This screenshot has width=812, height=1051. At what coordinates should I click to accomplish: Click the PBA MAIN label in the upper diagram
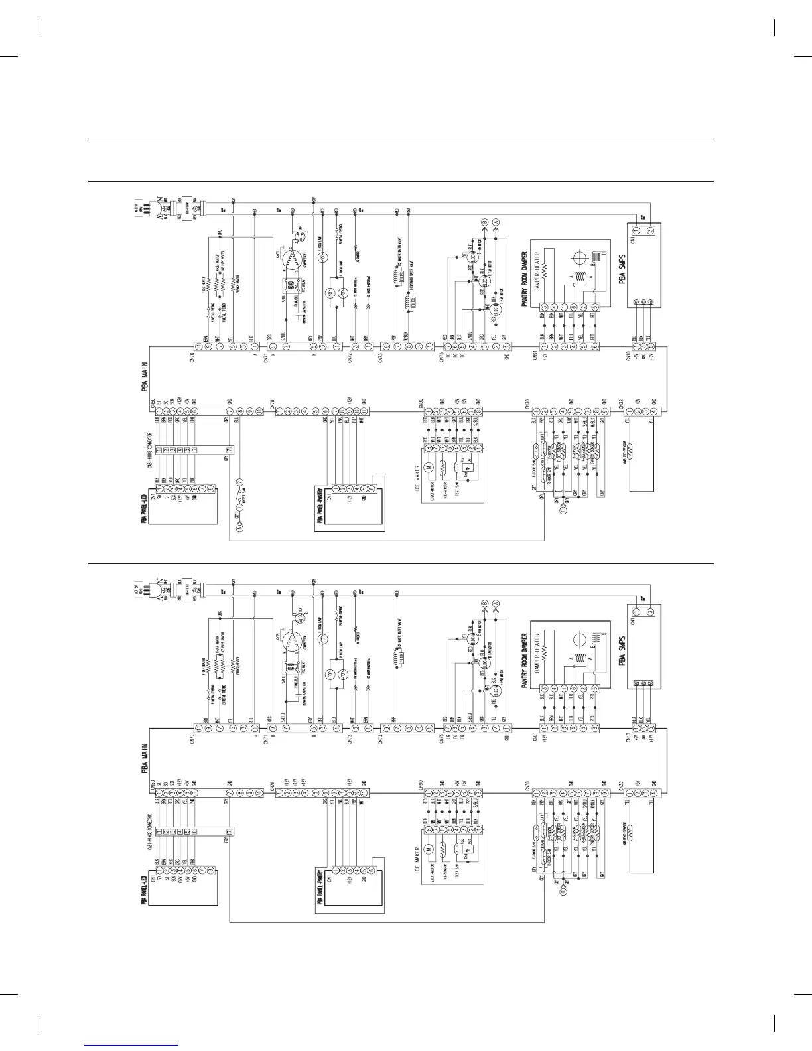(x=144, y=377)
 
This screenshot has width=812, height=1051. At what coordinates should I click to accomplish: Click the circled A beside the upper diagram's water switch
(x=240, y=529)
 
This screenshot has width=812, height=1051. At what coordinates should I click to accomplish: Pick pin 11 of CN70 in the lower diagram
(x=198, y=727)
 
